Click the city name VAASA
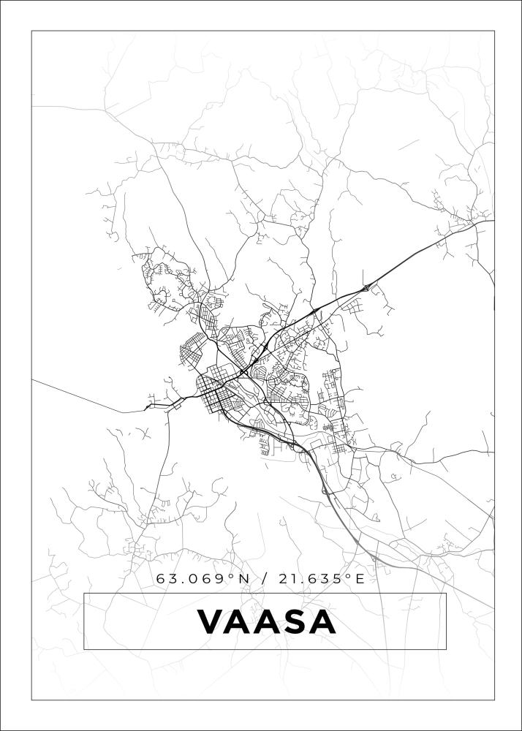[x=266, y=622]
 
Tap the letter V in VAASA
[x=211, y=622]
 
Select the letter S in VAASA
[x=294, y=622]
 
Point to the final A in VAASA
[x=322, y=622]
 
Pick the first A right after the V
[x=238, y=622]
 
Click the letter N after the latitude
[x=244, y=579]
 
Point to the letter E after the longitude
[x=360, y=579]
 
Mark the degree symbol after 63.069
[x=232, y=576]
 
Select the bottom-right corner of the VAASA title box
[x=446, y=649]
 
